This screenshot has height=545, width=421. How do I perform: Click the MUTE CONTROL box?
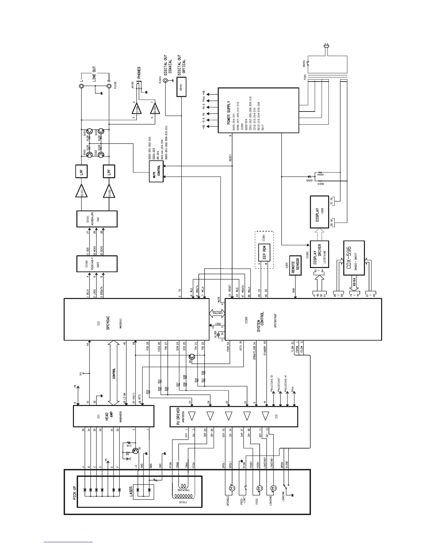pos(156,171)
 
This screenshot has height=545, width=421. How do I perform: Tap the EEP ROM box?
pos(265,253)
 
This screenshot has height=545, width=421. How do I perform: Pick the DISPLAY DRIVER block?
pos(319,254)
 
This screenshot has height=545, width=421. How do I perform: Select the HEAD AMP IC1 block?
pos(114,416)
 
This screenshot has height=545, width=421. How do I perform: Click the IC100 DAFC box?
pos(96,264)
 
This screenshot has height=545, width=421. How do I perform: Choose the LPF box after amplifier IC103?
pos(82,171)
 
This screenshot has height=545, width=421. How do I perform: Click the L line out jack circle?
pos(82,86)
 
